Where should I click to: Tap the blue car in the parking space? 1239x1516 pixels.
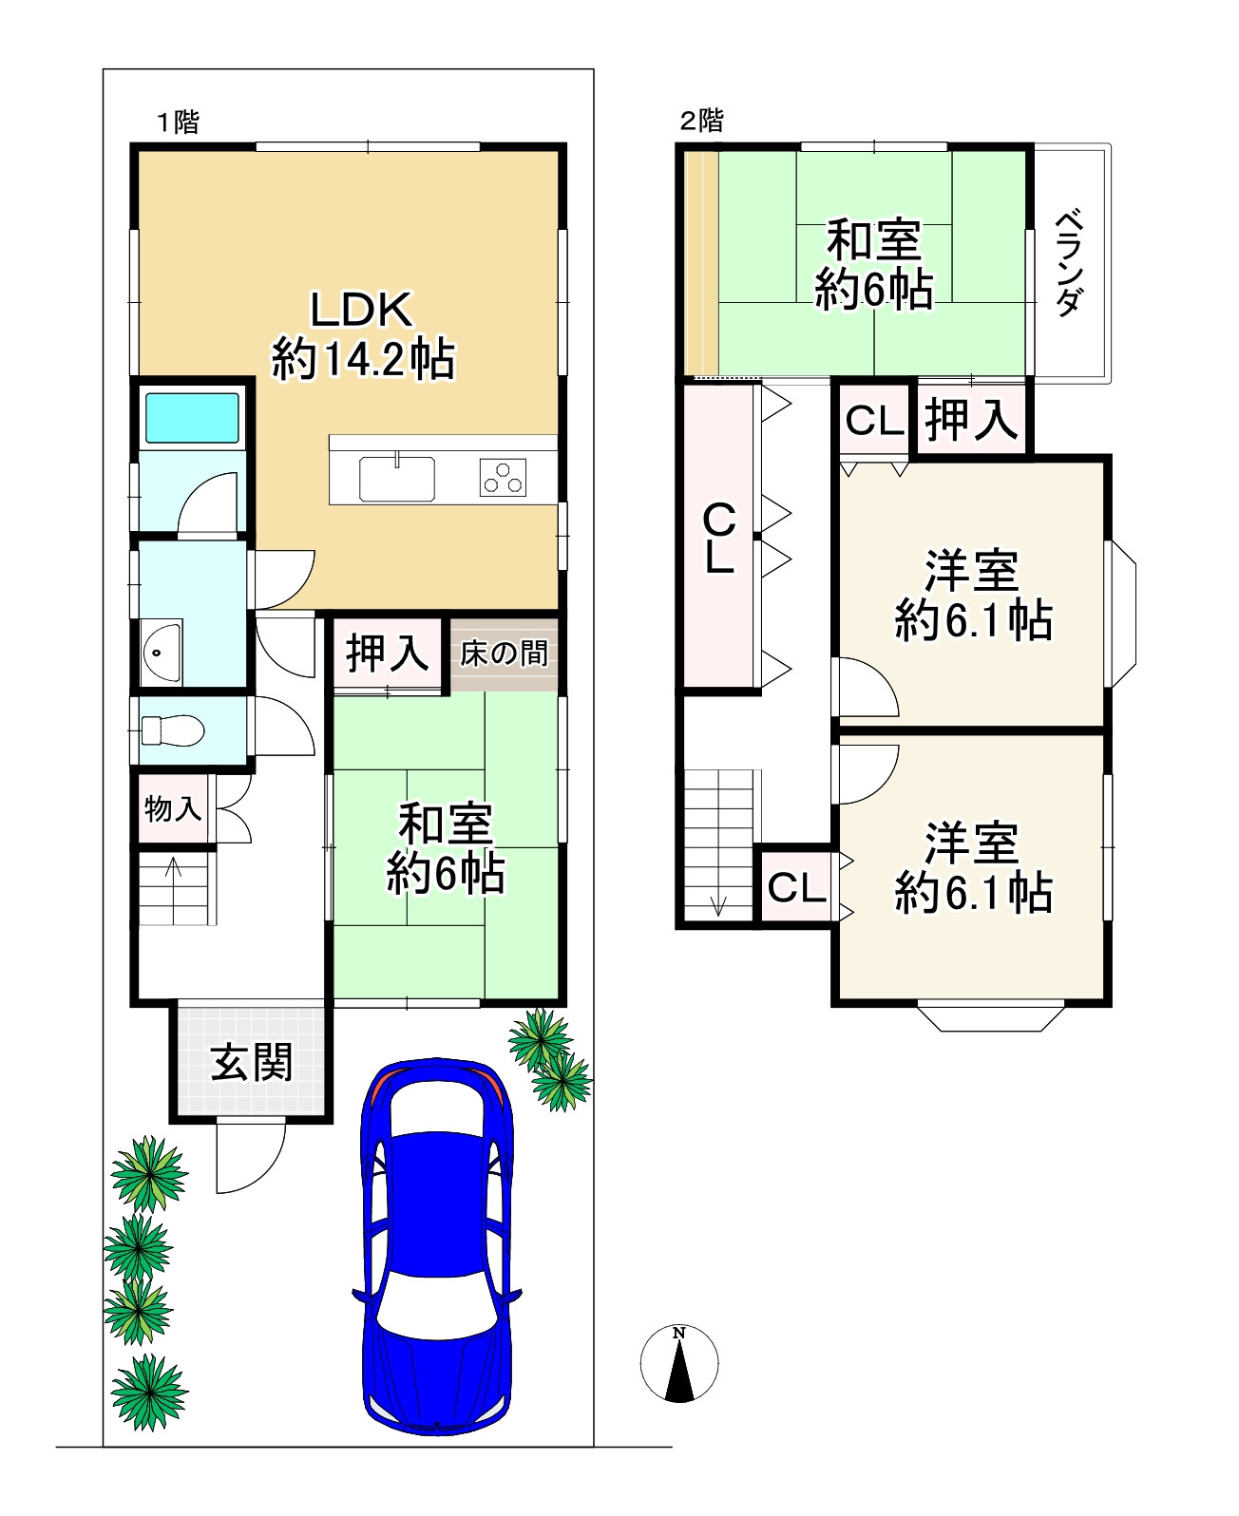tap(436, 1244)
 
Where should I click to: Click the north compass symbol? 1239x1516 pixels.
tap(678, 1364)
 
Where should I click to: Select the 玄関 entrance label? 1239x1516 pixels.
tap(252, 1062)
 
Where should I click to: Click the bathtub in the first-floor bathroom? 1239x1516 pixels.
tap(191, 419)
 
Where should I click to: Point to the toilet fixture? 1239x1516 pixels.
tap(172, 730)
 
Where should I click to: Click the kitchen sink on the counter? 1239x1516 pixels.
tap(396, 478)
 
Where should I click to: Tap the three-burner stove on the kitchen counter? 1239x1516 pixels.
tap(504, 478)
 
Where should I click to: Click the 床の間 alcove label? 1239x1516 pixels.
tap(504, 654)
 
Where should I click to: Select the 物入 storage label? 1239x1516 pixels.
tap(172, 809)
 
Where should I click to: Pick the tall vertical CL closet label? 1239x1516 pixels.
tap(719, 539)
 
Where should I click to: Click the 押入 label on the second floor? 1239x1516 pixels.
tap(971, 421)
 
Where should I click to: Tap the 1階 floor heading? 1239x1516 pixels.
tap(178, 123)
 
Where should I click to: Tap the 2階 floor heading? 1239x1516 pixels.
tap(702, 121)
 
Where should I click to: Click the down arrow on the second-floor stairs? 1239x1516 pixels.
tap(717, 904)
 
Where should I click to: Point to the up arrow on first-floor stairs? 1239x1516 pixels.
tap(174, 868)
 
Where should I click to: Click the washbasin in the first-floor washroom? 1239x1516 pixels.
tap(162, 652)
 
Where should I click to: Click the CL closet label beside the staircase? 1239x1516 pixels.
tap(796, 887)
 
